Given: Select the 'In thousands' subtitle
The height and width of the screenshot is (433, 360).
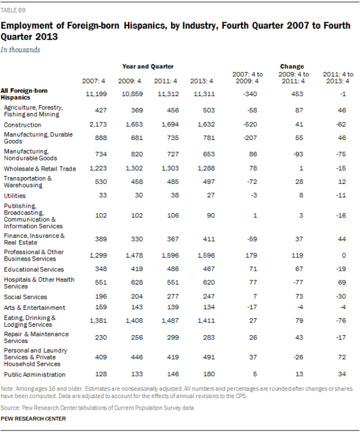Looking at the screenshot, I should pos(20,50).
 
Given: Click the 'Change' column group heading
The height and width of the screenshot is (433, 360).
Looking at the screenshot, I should pos(292,66).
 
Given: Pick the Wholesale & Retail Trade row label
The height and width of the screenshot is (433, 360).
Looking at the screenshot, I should pos(39,169).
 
